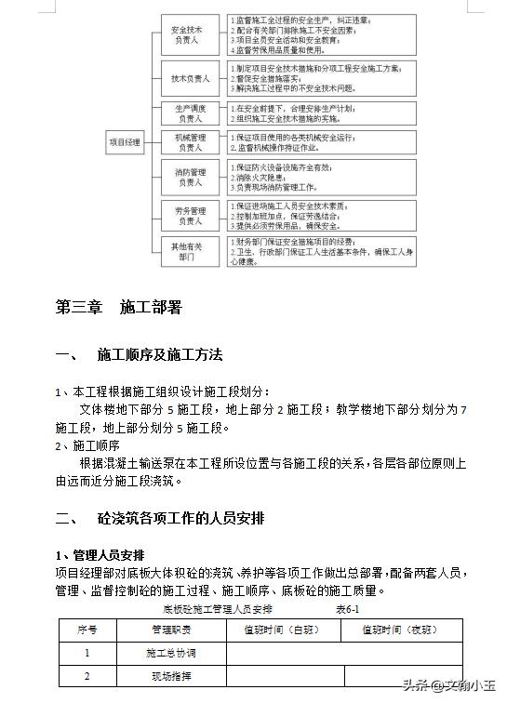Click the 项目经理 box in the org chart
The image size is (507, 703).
coord(124,142)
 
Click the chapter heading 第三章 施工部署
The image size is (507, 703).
coord(118,307)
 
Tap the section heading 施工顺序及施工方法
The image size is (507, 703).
coord(159,356)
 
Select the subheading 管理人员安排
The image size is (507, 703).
coord(102,555)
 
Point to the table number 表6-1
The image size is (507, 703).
coord(347,609)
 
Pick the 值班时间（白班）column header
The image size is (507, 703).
coord(283,630)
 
